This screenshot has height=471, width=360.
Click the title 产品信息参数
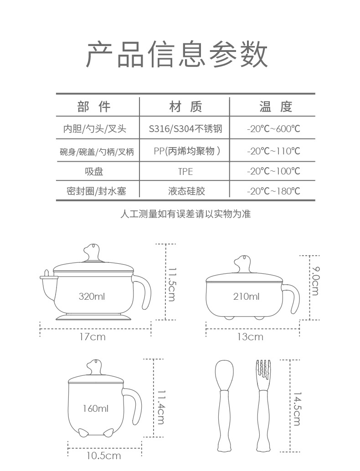[177, 55]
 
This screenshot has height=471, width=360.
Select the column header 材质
[185, 107]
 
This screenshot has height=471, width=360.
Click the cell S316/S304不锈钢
[185, 129]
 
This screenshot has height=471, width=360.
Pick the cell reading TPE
[185, 171]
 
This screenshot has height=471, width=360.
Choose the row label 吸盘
[94, 171]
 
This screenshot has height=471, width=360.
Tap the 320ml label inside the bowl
[92, 297]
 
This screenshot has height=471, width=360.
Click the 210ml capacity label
[246, 297]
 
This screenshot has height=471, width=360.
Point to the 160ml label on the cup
[96, 409]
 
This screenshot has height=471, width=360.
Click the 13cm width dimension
[250, 337]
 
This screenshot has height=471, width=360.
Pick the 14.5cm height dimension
[297, 408]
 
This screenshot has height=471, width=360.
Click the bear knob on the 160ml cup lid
[95, 366]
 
